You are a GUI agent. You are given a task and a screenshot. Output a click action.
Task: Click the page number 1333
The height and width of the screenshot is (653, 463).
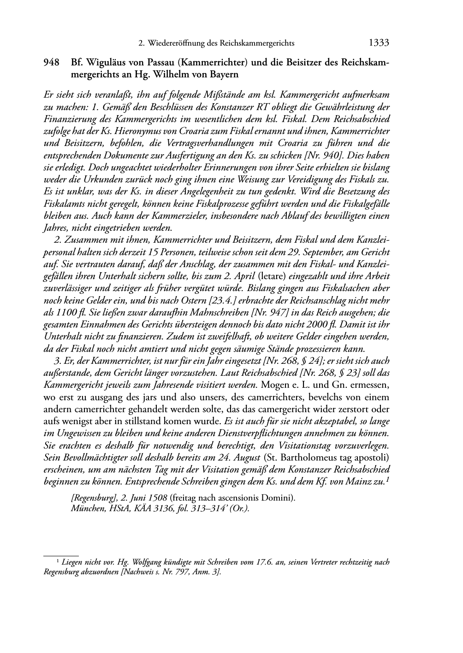[x=379, y=43]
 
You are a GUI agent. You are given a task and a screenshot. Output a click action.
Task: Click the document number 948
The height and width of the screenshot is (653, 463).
[x=51, y=62]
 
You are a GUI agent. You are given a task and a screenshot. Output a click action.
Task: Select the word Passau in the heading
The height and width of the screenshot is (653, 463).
[x=160, y=62]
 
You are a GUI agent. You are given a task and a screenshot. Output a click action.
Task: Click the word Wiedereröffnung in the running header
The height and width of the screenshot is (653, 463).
[x=177, y=44]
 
